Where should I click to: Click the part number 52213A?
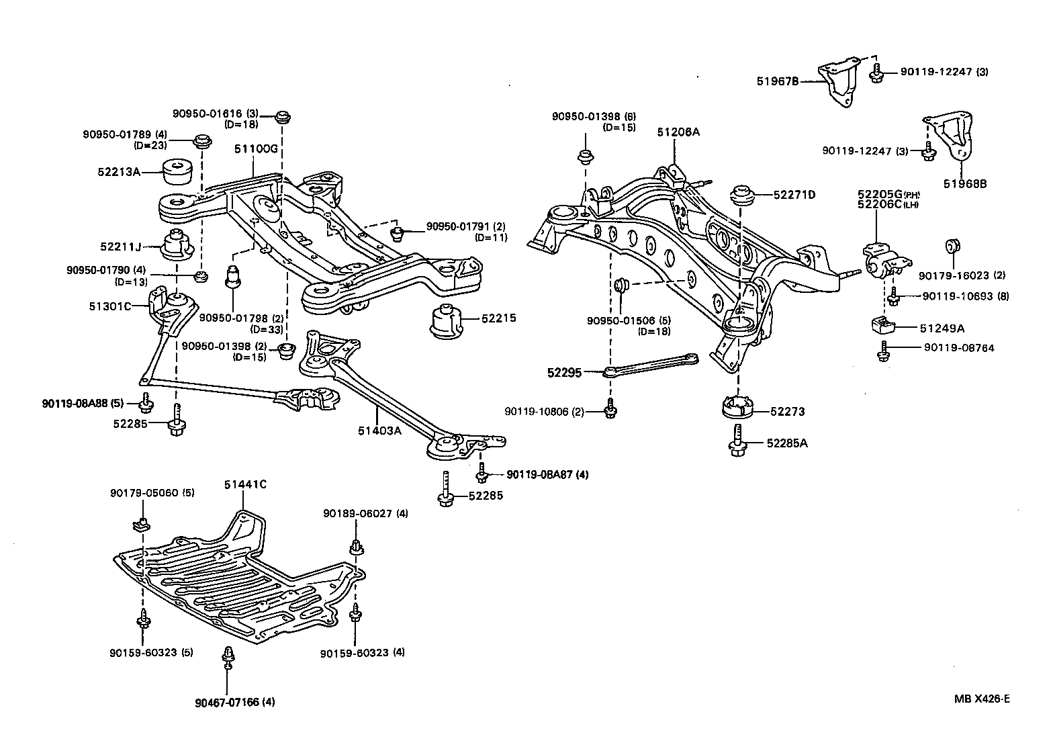(x=118, y=172)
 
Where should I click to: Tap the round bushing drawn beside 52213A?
(x=178, y=172)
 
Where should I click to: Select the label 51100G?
(x=256, y=148)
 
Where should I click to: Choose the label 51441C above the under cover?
(x=244, y=484)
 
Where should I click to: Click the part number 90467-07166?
(x=226, y=703)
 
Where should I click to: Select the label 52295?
(x=564, y=371)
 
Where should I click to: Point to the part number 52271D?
(x=794, y=195)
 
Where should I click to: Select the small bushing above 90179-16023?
(x=952, y=246)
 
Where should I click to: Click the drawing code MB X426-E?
(x=982, y=699)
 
